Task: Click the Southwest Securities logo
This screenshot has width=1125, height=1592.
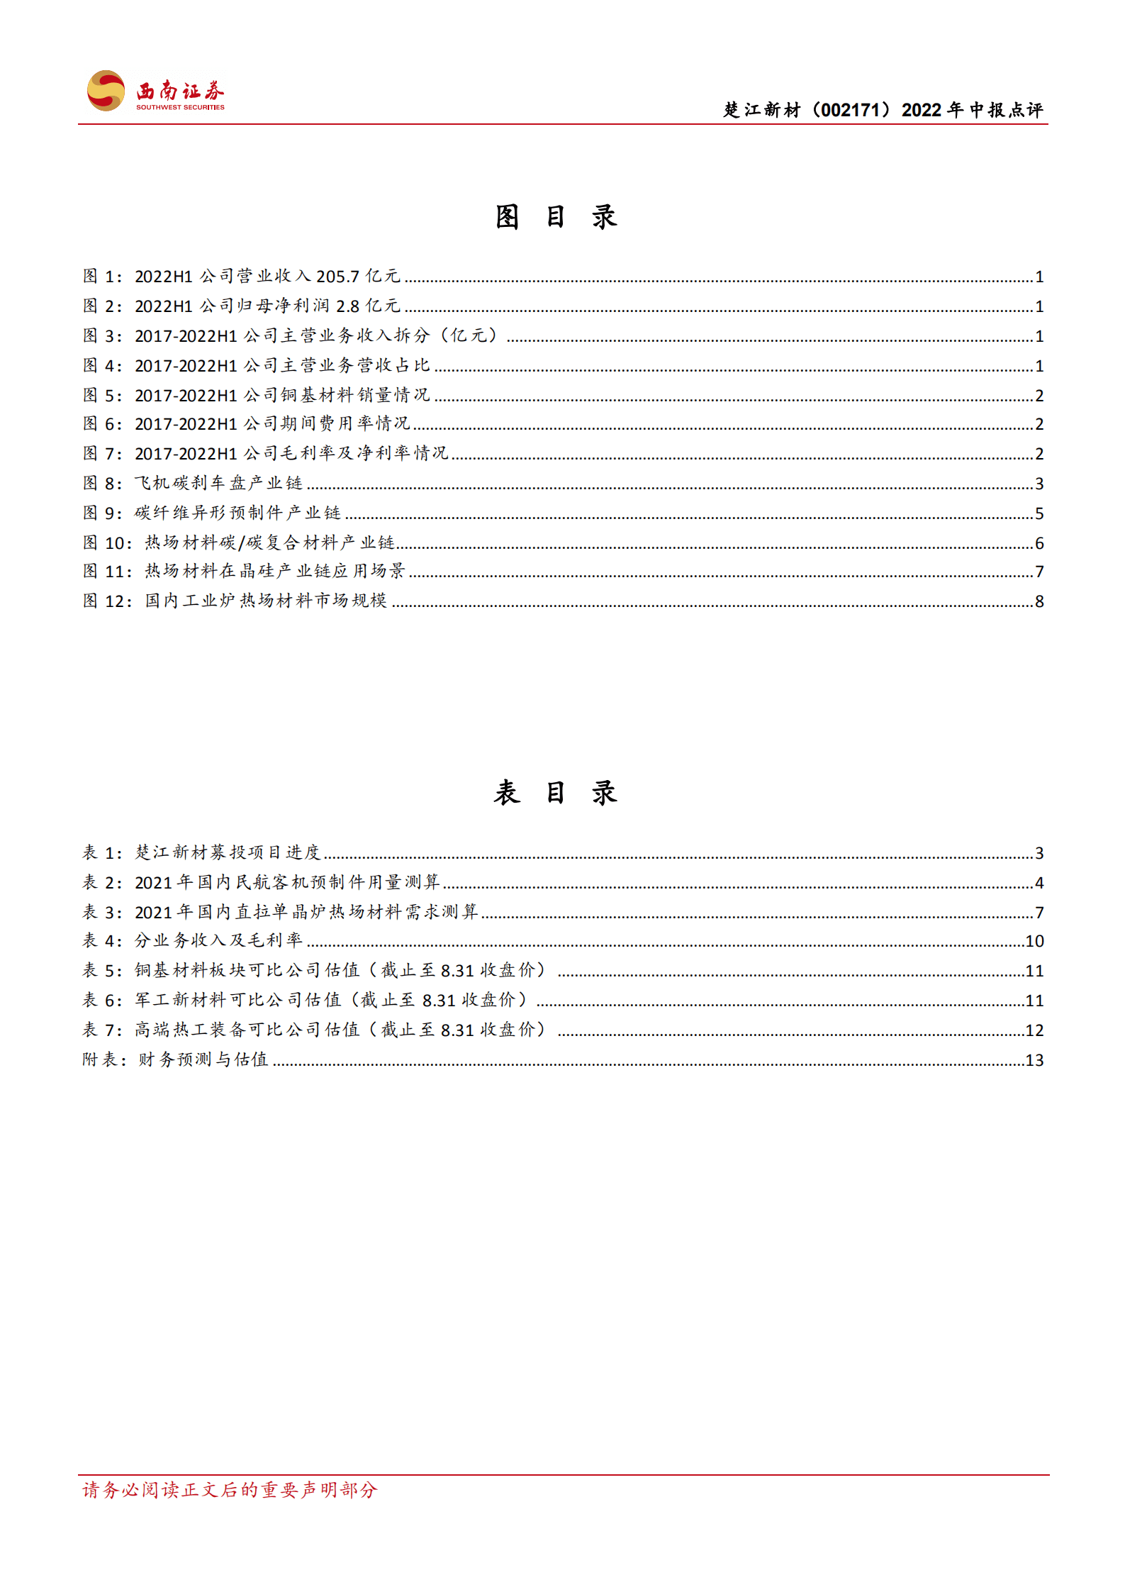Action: [x=155, y=91]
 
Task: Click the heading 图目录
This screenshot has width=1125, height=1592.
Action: [x=556, y=217]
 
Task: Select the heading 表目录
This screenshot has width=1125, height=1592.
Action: [x=556, y=792]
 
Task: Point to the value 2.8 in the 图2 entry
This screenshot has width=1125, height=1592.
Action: [x=347, y=306]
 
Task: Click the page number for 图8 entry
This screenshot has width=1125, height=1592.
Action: [x=1039, y=484]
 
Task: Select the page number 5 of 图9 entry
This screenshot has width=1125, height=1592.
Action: [x=1039, y=513]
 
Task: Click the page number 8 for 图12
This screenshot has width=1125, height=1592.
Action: [x=1039, y=601]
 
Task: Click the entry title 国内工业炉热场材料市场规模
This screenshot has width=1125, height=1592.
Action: [x=266, y=601]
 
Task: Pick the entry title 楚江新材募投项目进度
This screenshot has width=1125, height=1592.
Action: [x=228, y=852]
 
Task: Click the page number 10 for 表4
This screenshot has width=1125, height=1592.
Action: [x=1034, y=941]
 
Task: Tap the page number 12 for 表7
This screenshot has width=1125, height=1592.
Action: [x=1034, y=1030]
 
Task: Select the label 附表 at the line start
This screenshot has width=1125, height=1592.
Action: [x=100, y=1060]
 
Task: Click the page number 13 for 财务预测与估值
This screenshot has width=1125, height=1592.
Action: [x=1034, y=1060]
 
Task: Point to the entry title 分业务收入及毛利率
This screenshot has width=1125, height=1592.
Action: [x=218, y=941]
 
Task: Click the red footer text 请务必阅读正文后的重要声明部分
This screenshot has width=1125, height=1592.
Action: [x=230, y=1490]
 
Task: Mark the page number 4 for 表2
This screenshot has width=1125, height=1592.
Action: [x=1039, y=883]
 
